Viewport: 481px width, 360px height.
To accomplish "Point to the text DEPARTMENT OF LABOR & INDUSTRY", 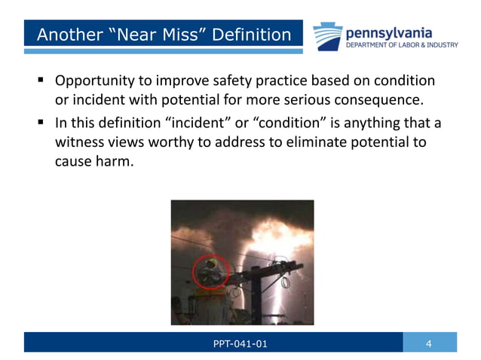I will coord(401,45).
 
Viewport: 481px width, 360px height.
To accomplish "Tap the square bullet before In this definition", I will coord(39,123).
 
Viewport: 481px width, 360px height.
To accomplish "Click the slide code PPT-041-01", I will coord(240,344).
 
